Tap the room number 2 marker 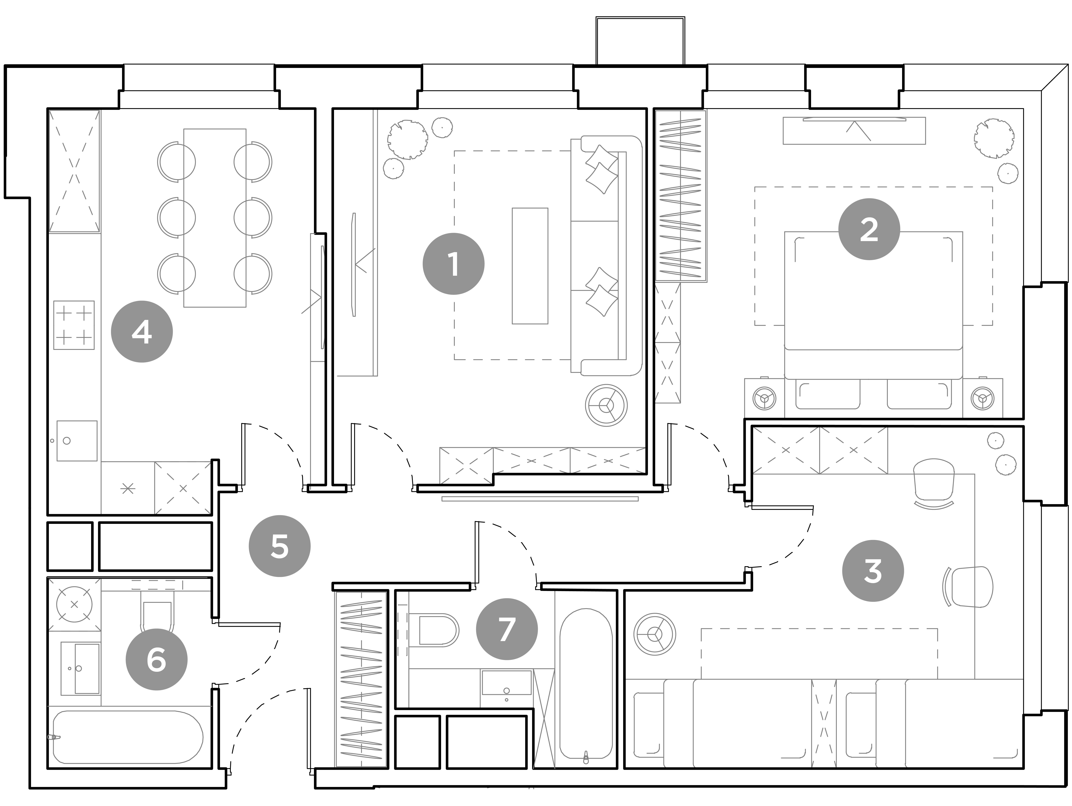point(869,229)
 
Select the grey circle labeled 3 point(873,571)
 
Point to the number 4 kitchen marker point(142,332)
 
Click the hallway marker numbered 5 point(280,546)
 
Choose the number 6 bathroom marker point(157,660)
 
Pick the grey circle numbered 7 point(507,629)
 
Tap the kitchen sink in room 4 point(77,440)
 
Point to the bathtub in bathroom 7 point(586,686)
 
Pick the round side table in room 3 point(655,634)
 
